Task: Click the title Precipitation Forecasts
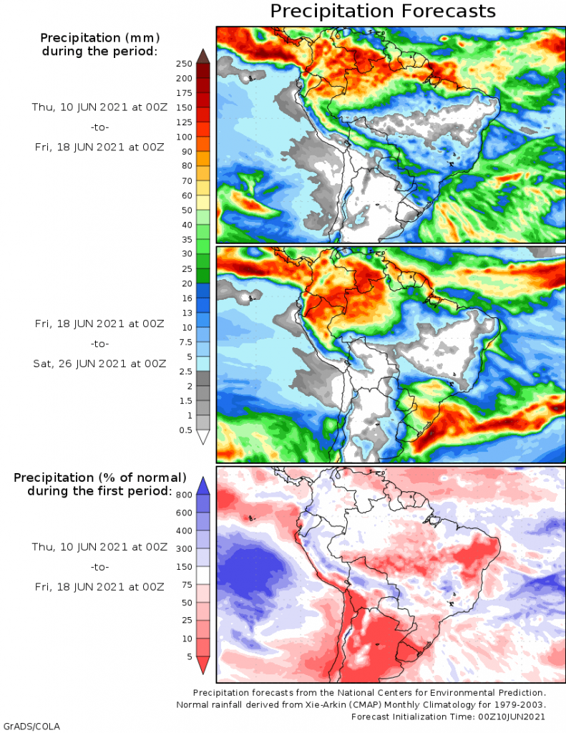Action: pos(382,11)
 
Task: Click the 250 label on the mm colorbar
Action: pos(185,63)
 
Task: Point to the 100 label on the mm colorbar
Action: pos(185,136)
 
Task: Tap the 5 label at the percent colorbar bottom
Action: pos(188,656)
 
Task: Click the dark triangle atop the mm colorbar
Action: pos(203,56)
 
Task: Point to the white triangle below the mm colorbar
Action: pos(203,437)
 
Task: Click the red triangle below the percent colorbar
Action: pos(203,665)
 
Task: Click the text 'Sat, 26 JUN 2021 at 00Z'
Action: pos(99,364)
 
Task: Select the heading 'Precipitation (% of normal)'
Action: pos(99,477)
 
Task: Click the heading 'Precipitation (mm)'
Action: pos(99,37)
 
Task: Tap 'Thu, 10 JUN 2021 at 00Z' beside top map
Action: pos(98,107)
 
